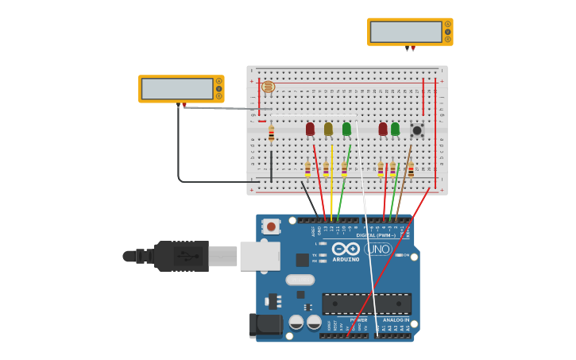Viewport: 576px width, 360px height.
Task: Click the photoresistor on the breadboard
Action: click(x=269, y=87)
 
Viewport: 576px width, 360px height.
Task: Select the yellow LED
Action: click(x=328, y=129)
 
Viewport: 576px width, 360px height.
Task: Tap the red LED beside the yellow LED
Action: click(x=310, y=129)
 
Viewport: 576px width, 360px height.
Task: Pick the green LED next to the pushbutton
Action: click(x=395, y=129)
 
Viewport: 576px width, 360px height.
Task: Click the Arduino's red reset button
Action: click(x=272, y=226)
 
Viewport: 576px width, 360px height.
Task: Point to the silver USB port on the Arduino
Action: click(x=260, y=256)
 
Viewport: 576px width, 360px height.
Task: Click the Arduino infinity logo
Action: click(x=346, y=249)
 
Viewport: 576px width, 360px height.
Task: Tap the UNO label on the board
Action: click(x=378, y=249)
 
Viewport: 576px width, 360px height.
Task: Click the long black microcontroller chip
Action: click(x=366, y=304)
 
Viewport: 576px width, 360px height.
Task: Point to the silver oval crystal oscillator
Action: click(x=300, y=280)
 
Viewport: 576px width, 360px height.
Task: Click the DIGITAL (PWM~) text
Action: click(x=377, y=235)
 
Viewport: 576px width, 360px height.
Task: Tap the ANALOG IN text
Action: click(x=396, y=319)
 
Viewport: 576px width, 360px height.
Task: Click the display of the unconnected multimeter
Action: click(x=405, y=32)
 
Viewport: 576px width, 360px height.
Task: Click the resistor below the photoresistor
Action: click(x=271, y=134)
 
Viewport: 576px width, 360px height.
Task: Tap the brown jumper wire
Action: click(x=404, y=175)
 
